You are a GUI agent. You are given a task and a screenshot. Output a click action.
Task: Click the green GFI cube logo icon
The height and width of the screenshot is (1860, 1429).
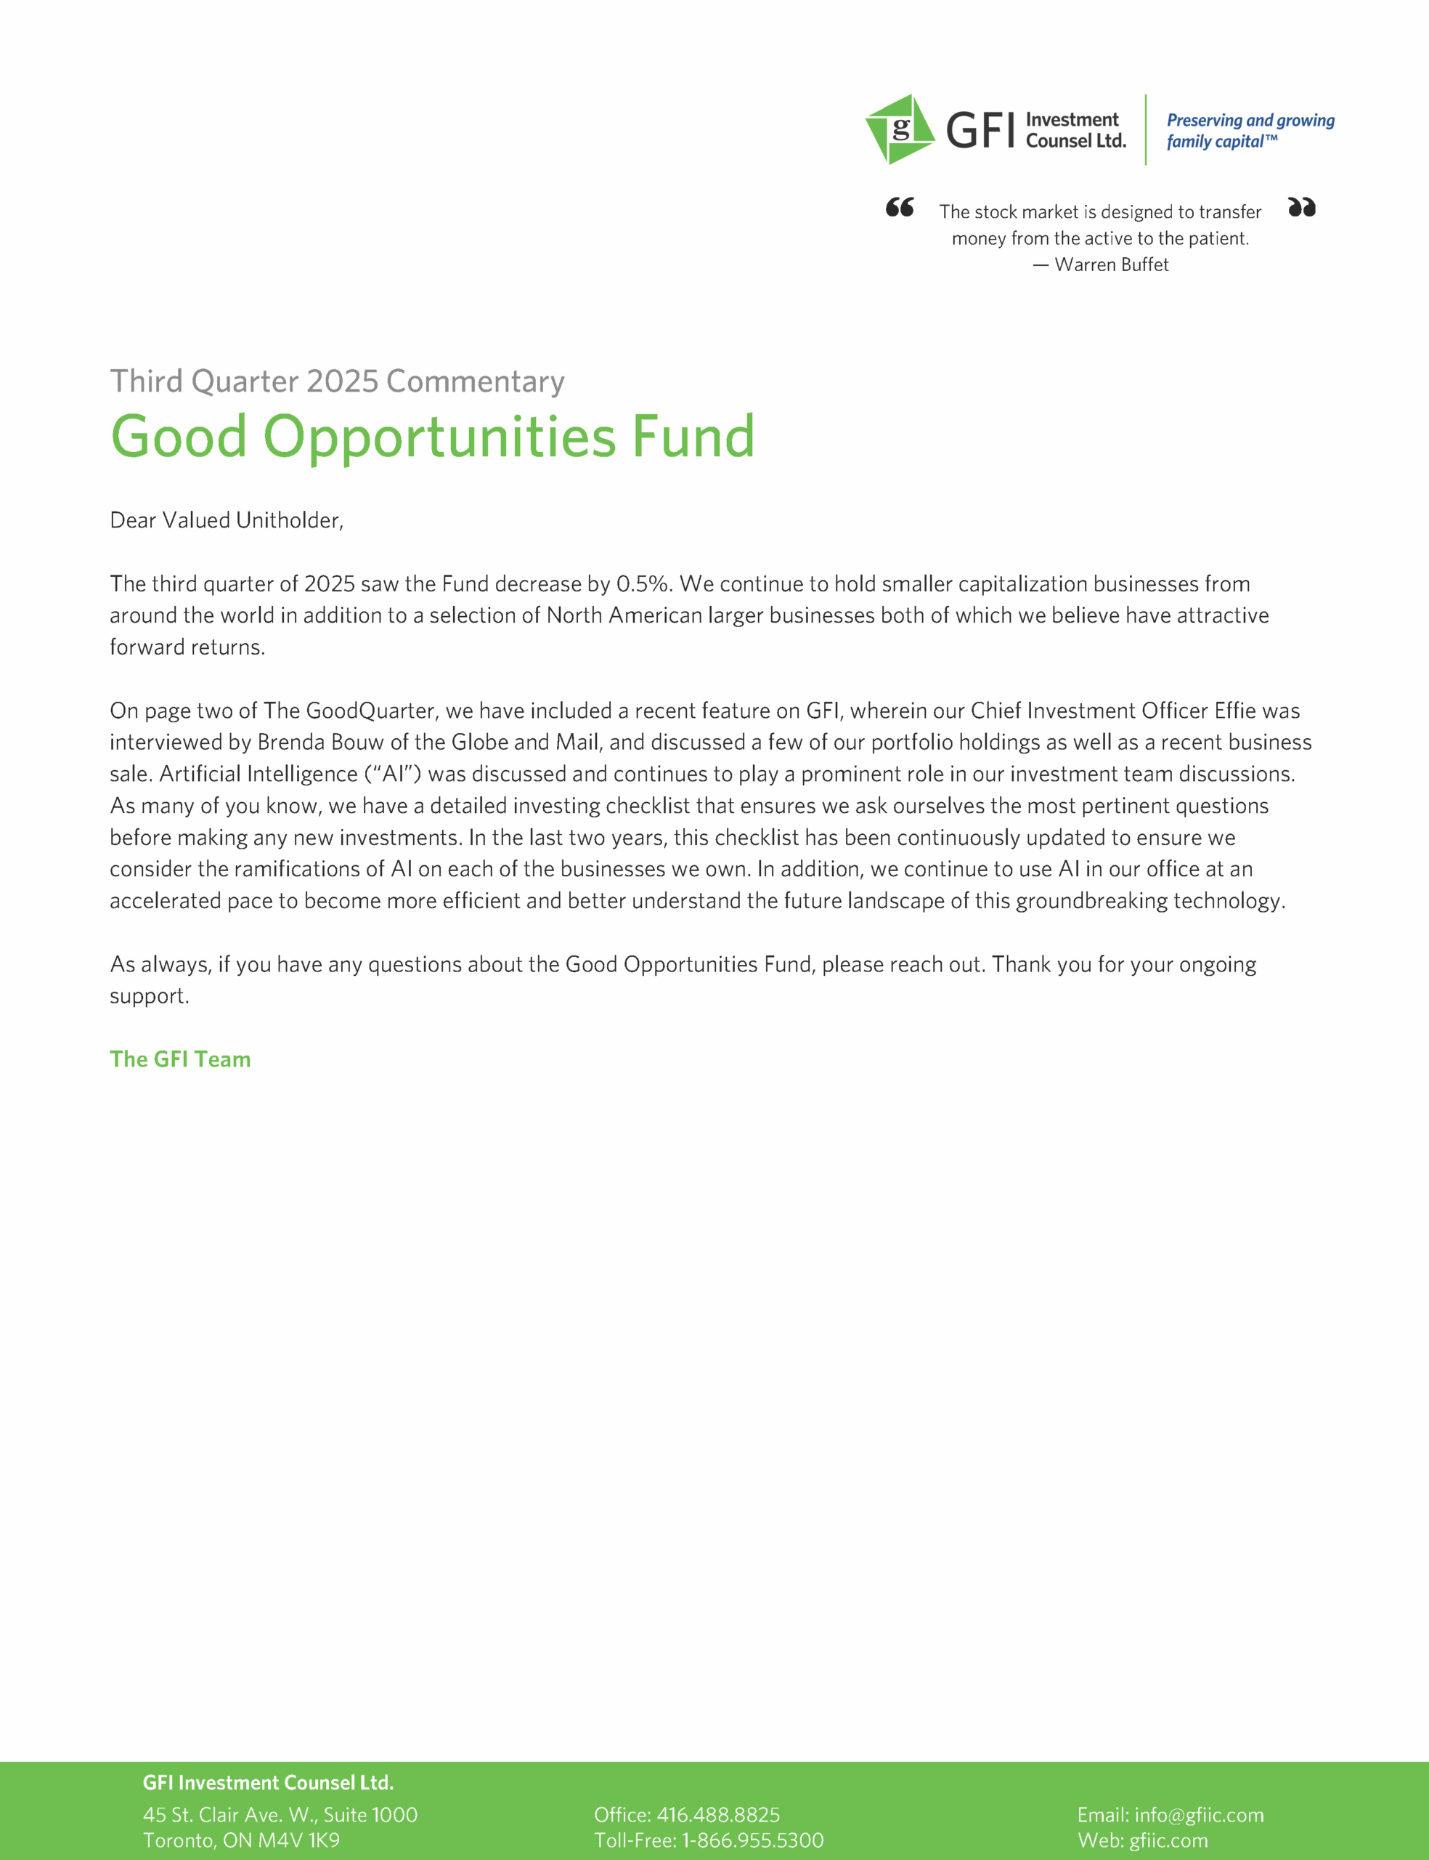[900, 129]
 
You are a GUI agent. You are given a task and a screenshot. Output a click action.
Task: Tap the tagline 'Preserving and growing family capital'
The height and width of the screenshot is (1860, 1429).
[1250, 131]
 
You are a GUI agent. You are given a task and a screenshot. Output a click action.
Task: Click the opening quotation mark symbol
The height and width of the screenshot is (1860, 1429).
[899, 208]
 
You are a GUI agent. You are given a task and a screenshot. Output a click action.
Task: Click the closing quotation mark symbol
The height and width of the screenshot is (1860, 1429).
[1301, 208]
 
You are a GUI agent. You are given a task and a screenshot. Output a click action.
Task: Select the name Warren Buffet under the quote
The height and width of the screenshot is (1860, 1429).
[1111, 265]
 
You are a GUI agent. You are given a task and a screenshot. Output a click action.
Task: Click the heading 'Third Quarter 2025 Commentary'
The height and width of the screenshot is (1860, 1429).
[337, 381]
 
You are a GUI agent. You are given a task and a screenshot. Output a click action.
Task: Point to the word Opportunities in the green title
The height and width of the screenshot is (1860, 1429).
[440, 437]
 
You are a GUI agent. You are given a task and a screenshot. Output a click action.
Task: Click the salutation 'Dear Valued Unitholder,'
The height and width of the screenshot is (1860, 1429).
[227, 520]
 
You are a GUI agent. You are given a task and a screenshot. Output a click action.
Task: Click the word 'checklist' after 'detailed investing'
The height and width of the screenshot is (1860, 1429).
[651, 806]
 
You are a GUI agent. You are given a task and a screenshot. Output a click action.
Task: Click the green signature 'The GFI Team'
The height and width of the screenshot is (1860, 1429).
[180, 1059]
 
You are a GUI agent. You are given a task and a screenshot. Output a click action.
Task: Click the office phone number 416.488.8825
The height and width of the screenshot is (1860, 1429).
[718, 1815]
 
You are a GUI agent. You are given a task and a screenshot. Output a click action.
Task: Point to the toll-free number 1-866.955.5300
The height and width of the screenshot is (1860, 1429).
[752, 1840]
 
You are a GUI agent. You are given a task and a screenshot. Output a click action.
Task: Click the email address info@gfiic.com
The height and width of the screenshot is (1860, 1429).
[1199, 1815]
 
